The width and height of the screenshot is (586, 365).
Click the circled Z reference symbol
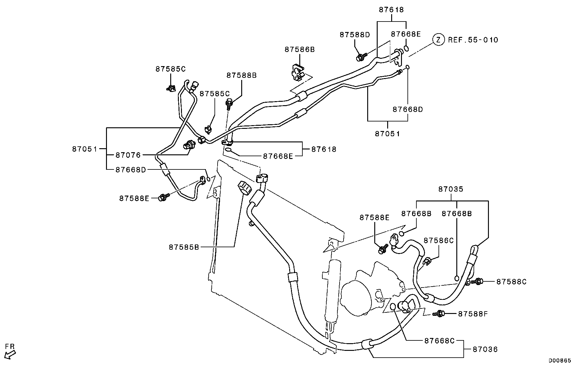(x=439, y=40)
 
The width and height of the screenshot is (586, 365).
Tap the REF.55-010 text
(x=473, y=40)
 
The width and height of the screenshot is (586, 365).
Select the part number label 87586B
(x=299, y=50)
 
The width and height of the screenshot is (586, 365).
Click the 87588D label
(x=355, y=35)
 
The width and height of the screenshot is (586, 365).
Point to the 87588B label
(x=242, y=75)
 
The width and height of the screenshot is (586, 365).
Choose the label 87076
(x=128, y=155)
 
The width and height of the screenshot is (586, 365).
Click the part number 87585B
(x=184, y=247)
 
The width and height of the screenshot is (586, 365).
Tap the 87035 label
(x=450, y=189)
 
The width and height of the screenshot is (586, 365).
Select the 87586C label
(x=438, y=240)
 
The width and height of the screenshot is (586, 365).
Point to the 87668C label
(x=439, y=341)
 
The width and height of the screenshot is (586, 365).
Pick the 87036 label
(x=485, y=350)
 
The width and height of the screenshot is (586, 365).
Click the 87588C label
(x=511, y=282)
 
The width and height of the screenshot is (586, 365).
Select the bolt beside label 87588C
(x=478, y=281)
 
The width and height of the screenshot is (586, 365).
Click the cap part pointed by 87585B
(x=245, y=188)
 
